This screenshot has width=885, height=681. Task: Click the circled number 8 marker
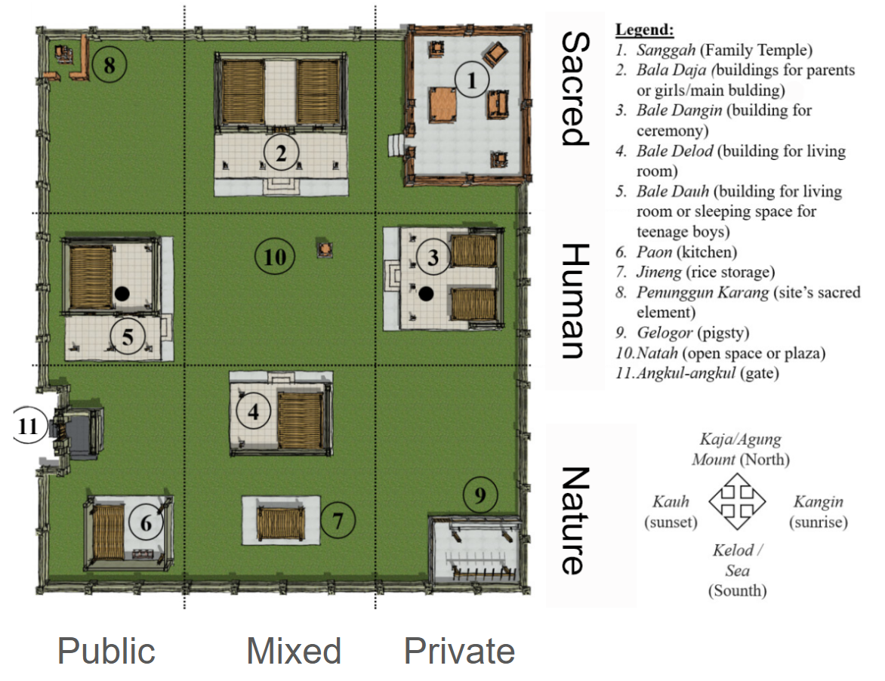coord(109,65)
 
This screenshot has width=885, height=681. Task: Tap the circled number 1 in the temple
coord(472,80)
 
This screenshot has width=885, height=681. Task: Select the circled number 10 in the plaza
coord(275,257)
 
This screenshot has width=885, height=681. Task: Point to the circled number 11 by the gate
coord(28,425)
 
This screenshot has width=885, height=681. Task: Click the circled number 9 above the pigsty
coord(480,495)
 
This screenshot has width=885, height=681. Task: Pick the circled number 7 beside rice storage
coord(338,520)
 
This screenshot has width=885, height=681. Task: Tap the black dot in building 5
coord(122,294)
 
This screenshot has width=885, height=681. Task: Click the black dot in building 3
coord(426,294)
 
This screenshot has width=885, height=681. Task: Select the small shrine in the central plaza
coord(325,249)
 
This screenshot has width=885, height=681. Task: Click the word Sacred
coord(575,88)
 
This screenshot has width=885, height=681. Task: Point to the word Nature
coord(575,521)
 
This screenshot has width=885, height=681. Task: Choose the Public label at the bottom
coord(106,651)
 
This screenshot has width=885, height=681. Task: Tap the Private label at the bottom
coord(459,651)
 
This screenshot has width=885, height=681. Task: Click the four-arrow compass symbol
coord(736,501)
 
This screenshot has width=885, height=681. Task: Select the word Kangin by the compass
coord(818,501)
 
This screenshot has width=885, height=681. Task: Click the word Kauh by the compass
coord(671,501)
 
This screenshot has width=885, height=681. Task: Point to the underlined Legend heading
coord(644,29)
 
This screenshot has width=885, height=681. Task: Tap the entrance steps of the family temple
coord(396,145)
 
